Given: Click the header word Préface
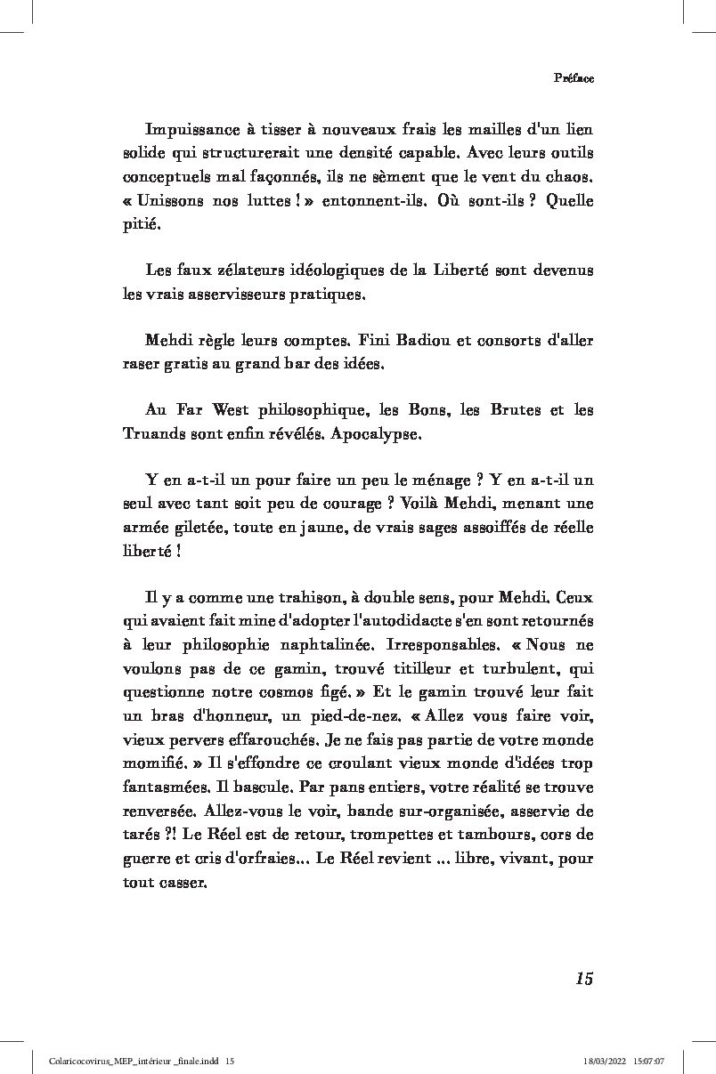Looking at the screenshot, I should point(574,77).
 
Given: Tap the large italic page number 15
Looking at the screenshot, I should point(584,979).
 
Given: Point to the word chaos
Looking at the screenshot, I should point(569,176).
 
